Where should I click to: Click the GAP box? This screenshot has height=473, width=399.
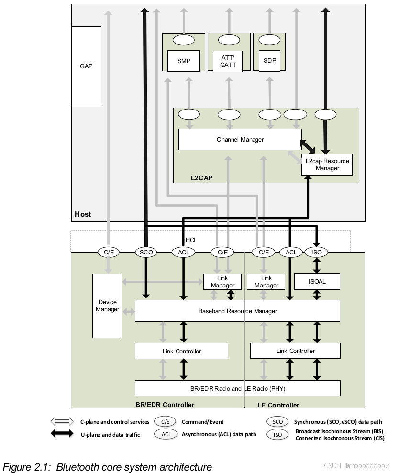point(86,66)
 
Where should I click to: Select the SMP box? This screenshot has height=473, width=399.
point(184,61)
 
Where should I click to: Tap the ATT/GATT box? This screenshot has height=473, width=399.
point(228,61)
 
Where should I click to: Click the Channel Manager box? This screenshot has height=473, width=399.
point(240,139)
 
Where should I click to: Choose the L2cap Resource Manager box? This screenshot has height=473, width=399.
point(327,165)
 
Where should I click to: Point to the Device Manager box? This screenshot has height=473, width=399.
point(107,306)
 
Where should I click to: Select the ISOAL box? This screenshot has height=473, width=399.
point(317,281)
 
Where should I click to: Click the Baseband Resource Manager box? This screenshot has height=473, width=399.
point(237,311)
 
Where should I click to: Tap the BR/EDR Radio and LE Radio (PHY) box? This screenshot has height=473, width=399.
point(237,388)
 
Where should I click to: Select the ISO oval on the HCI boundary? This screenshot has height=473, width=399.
point(317,252)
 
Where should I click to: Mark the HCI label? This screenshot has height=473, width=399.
point(190,240)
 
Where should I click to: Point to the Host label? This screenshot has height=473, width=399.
point(83,214)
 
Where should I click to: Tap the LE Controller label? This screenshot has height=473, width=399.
point(278,405)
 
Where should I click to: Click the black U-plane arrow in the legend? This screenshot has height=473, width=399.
point(62,434)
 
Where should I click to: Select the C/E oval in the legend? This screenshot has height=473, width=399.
point(165,422)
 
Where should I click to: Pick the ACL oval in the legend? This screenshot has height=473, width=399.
point(166,434)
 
